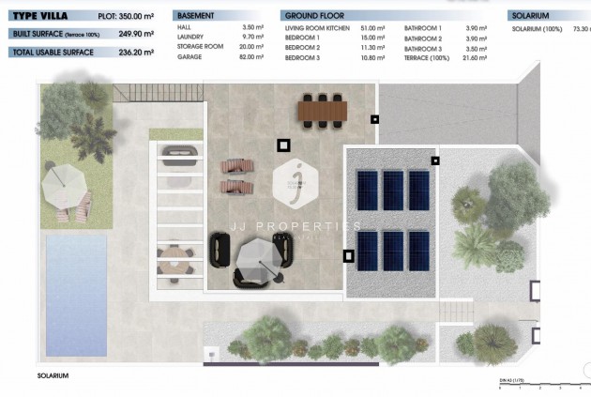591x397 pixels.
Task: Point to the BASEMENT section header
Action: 196,16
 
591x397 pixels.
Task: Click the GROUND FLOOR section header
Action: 313,16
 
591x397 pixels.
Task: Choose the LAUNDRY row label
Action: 191,38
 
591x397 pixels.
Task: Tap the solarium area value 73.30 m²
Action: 582,29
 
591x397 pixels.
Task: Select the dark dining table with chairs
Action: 323,111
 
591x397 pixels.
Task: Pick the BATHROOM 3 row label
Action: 422,48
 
